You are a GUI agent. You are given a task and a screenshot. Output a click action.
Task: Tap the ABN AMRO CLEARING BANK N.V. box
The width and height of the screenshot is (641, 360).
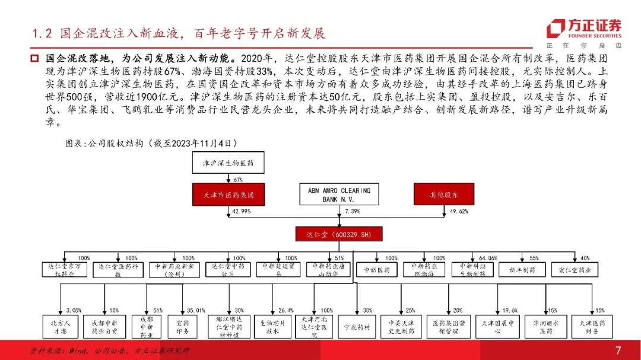[x=339, y=194]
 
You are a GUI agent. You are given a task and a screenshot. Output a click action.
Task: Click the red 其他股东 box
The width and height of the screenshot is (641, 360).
[x=452, y=194]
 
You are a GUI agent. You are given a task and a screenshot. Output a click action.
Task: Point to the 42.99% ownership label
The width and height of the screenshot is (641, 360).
[x=239, y=212]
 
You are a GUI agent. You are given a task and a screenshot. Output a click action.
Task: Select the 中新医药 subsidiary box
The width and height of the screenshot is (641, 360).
[x=377, y=270]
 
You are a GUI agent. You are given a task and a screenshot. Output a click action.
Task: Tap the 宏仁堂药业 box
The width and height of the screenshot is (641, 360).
[x=575, y=270]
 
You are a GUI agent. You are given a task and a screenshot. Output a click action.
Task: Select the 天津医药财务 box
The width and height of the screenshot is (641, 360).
[x=591, y=327]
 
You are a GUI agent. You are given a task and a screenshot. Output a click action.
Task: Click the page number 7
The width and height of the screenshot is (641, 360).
[x=618, y=349]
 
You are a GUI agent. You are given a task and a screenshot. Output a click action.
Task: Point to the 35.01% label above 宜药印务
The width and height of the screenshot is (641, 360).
[x=196, y=310]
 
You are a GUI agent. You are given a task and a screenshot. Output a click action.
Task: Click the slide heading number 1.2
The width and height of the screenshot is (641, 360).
[x=42, y=33]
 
